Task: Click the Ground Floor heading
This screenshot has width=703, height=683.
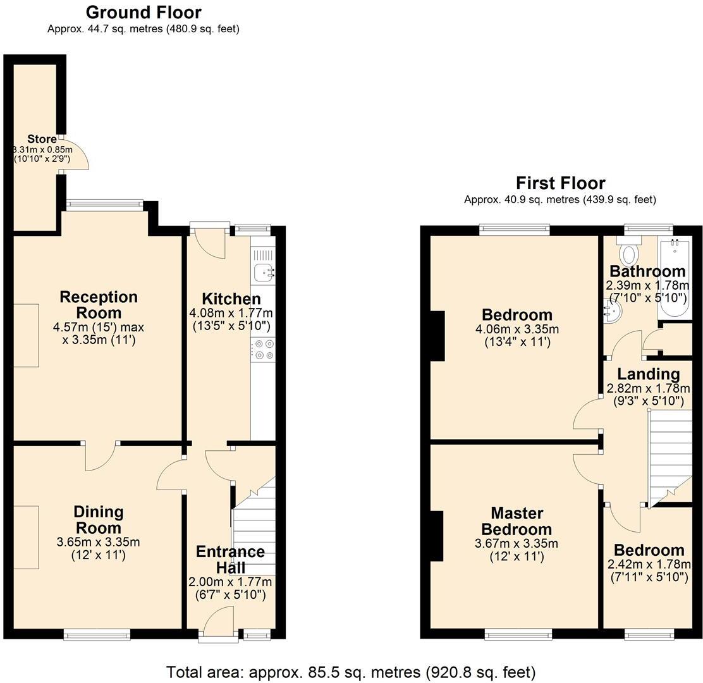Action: pyautogui.click(x=144, y=12)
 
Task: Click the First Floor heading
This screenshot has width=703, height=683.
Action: pyautogui.click(x=560, y=183)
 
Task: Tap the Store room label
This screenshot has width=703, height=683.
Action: pyautogui.click(x=42, y=139)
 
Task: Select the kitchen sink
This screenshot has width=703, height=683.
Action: pyautogui.click(x=264, y=273)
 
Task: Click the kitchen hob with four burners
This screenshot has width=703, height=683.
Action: pyautogui.click(x=263, y=350)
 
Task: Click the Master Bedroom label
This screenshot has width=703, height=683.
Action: pyautogui.click(x=516, y=522)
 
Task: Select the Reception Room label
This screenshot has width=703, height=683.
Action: pyautogui.click(x=98, y=305)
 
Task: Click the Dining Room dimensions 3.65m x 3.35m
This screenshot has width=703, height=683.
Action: pyautogui.click(x=98, y=542)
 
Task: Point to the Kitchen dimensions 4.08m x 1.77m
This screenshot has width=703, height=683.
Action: pyautogui.click(x=231, y=313)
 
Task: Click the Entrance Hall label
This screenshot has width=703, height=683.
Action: pyautogui.click(x=230, y=560)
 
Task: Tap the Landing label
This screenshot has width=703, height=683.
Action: pyautogui.click(x=648, y=374)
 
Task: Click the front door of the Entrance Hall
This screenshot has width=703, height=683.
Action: pyautogui.click(x=217, y=622)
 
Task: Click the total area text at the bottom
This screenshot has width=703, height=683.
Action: pyautogui.click(x=351, y=672)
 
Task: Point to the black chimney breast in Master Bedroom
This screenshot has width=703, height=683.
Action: pyautogui.click(x=436, y=536)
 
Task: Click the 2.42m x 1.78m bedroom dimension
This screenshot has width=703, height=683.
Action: pyautogui.click(x=648, y=564)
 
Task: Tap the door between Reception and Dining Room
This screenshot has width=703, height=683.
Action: pyautogui.click(x=101, y=456)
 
